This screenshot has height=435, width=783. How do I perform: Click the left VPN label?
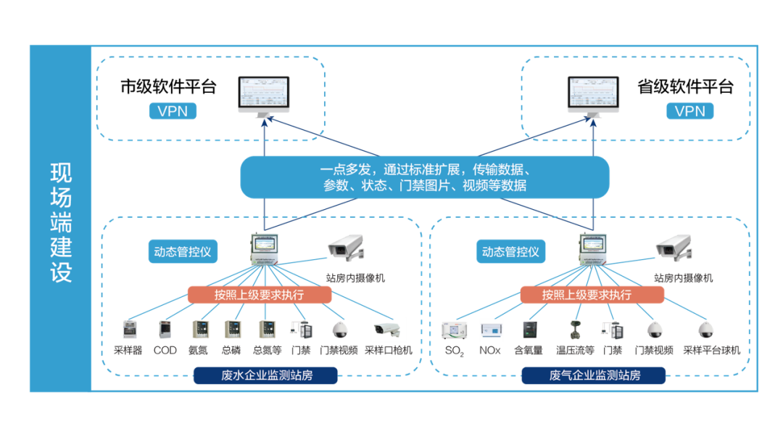click(x=173, y=110)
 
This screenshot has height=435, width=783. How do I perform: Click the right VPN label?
click(x=689, y=110)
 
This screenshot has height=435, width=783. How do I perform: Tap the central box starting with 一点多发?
click(x=425, y=178)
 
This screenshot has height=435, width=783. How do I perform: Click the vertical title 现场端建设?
click(x=61, y=222)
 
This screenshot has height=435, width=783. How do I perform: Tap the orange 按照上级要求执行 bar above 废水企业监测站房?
click(x=259, y=294)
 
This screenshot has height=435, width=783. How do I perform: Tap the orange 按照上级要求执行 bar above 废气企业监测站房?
click(x=592, y=294)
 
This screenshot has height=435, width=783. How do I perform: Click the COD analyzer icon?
click(x=165, y=330)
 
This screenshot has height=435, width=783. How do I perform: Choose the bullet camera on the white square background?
click(x=389, y=330)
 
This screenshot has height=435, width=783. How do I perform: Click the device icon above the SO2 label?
click(x=455, y=330)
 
